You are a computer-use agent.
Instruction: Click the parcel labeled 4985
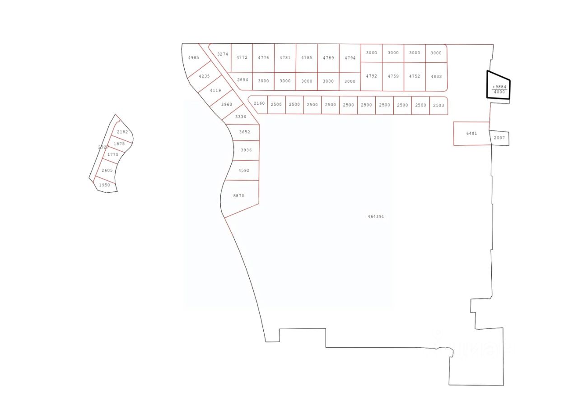pyautogui.click(x=193, y=58)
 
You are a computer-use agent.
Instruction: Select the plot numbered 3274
pyautogui.click(x=222, y=54)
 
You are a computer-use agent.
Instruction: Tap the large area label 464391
pyautogui.click(x=376, y=217)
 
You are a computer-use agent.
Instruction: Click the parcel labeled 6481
pyautogui.click(x=471, y=134)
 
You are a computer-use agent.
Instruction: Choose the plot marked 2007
pyautogui.click(x=499, y=138)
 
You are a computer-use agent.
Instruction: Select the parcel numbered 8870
pyautogui.click(x=239, y=196)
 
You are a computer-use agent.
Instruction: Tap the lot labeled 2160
pyautogui.click(x=259, y=104)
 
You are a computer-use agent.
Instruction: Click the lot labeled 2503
pyautogui.click(x=438, y=105)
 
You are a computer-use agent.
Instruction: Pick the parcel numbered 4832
pyautogui.click(x=436, y=76)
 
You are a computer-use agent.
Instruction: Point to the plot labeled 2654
pyautogui.click(x=243, y=80)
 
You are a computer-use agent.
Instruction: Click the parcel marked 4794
pyautogui.click(x=350, y=58)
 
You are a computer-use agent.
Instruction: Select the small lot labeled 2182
pyautogui.click(x=122, y=132)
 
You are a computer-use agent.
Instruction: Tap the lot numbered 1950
pyautogui.click(x=104, y=185)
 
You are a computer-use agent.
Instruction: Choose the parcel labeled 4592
pyautogui.click(x=244, y=171)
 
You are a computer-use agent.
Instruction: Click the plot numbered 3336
pyautogui.click(x=241, y=117)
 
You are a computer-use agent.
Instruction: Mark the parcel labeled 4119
pyautogui.click(x=215, y=90)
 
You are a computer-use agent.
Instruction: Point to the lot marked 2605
pyautogui.click(x=107, y=170)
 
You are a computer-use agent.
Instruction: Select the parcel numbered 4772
pyautogui.click(x=242, y=57)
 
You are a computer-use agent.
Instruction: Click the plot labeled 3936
pyautogui.click(x=246, y=150)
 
